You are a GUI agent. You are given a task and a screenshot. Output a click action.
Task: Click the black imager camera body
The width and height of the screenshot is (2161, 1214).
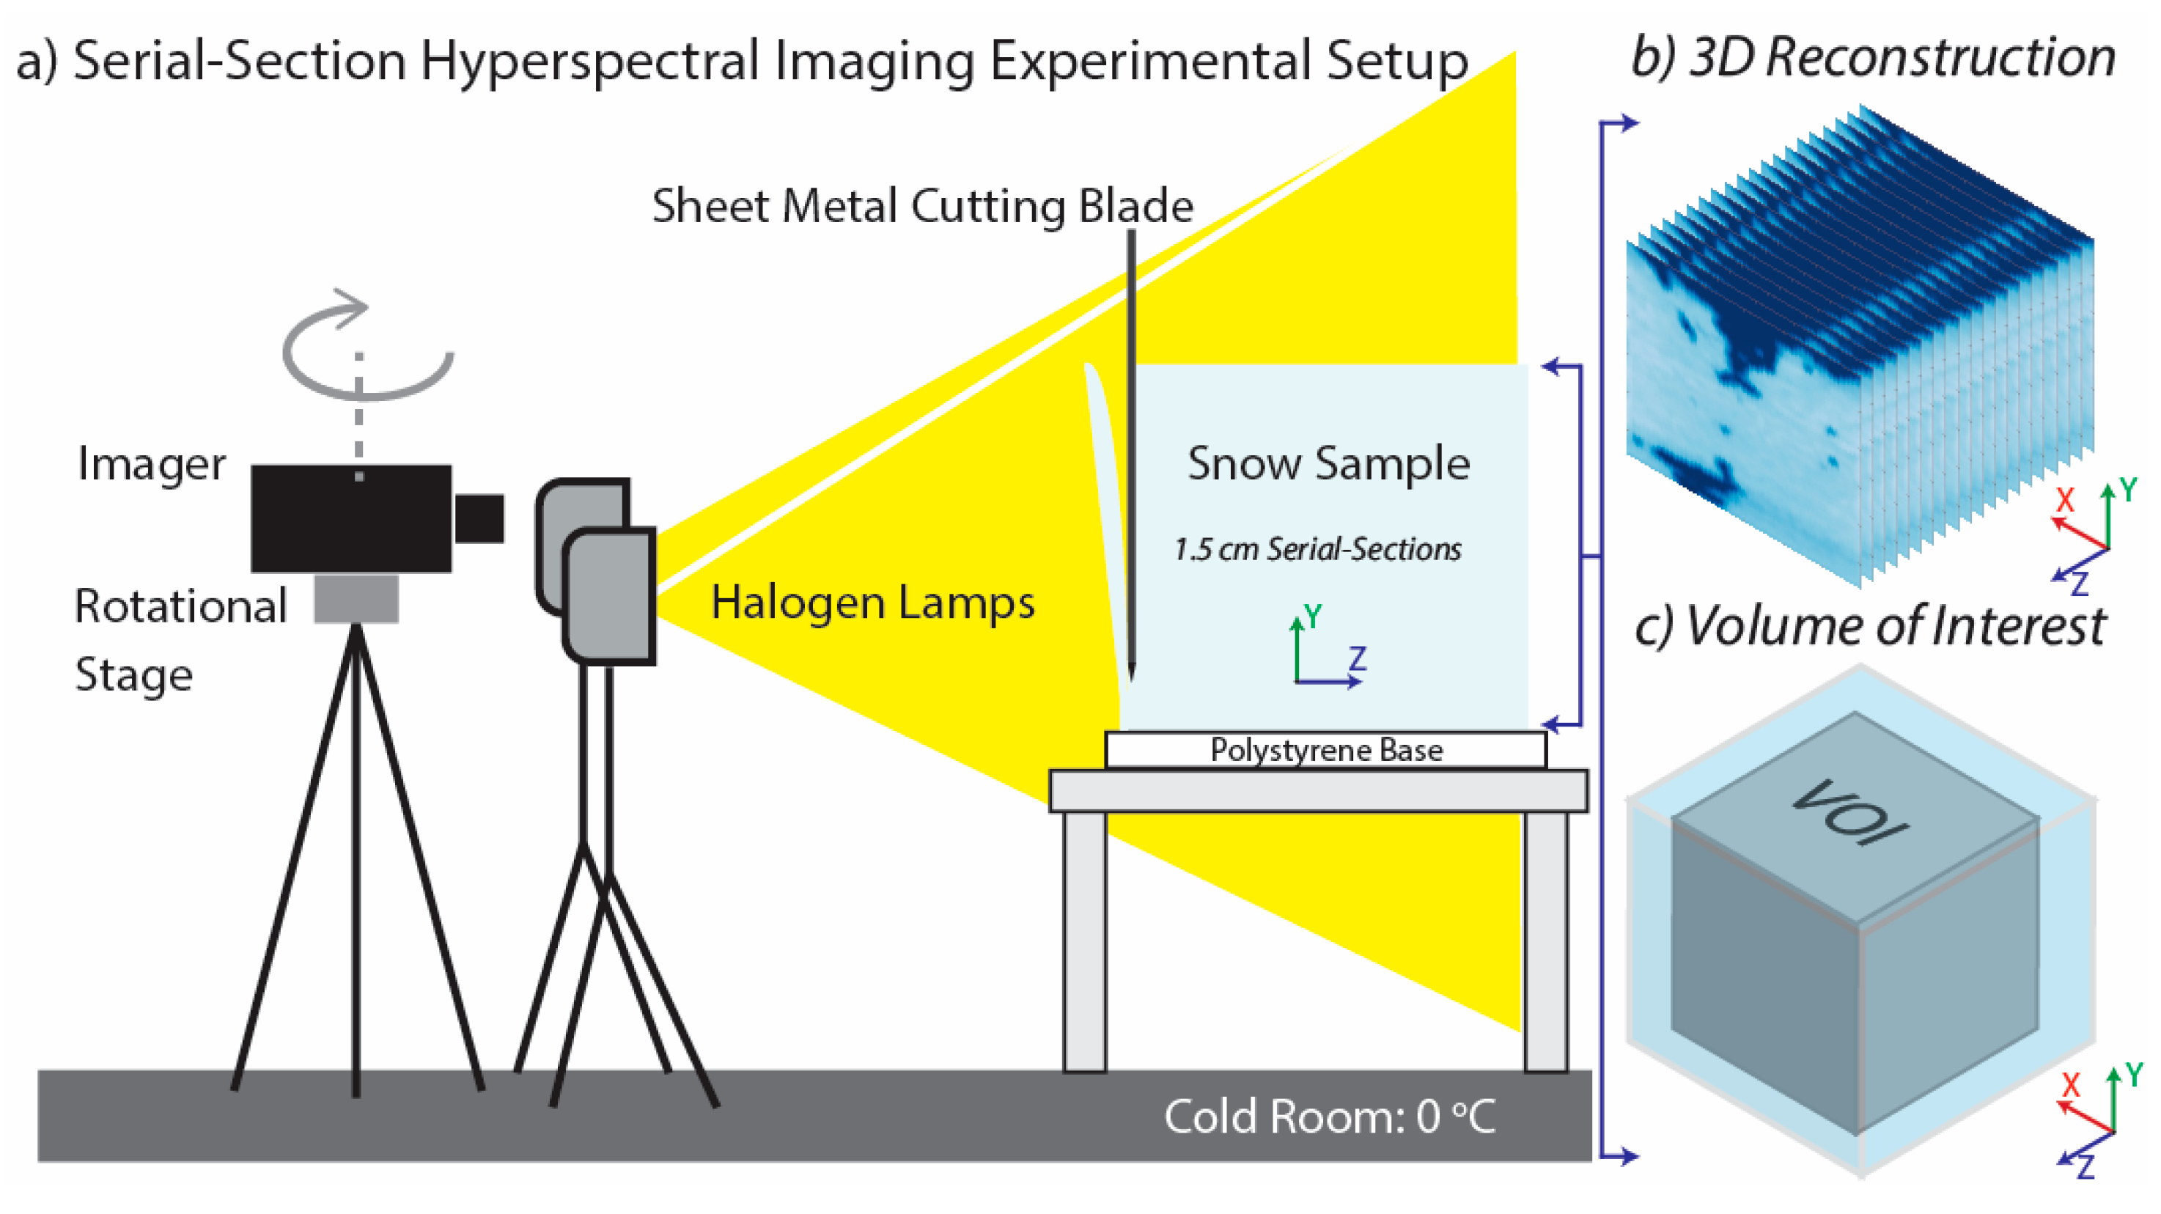coord(350,518)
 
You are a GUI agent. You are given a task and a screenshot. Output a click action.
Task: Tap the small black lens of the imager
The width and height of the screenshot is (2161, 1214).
coord(479,518)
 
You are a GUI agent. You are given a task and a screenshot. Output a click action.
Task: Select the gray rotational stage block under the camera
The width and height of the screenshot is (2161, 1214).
coord(356,598)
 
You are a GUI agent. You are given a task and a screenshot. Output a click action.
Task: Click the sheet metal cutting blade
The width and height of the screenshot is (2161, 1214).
coord(1131,453)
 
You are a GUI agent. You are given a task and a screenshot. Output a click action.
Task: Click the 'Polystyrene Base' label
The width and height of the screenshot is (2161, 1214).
coord(1325,750)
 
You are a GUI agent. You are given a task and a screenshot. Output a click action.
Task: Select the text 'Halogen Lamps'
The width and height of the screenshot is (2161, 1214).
coord(872,603)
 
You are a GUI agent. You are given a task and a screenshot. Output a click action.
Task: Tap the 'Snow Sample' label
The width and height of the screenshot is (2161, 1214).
coord(1328,463)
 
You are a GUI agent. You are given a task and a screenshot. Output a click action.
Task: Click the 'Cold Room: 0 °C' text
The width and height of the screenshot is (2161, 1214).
coord(1330,1116)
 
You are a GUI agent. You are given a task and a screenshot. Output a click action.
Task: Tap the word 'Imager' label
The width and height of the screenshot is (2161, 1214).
coord(151,464)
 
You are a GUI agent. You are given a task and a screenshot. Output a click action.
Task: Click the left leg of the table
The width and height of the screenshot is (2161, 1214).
coord(1085,940)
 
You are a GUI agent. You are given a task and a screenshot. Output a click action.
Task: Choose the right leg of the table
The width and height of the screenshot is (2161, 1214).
coord(1545,940)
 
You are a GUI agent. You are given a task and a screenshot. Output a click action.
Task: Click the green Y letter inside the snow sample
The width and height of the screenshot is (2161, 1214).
coord(1314,617)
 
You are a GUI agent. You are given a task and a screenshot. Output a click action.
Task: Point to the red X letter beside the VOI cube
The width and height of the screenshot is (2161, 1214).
coord(2070,1085)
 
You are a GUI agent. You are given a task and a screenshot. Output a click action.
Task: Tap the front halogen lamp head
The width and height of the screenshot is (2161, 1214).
coord(610,596)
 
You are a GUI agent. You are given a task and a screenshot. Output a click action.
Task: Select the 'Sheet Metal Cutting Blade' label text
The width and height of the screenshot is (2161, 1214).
coord(922,207)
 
